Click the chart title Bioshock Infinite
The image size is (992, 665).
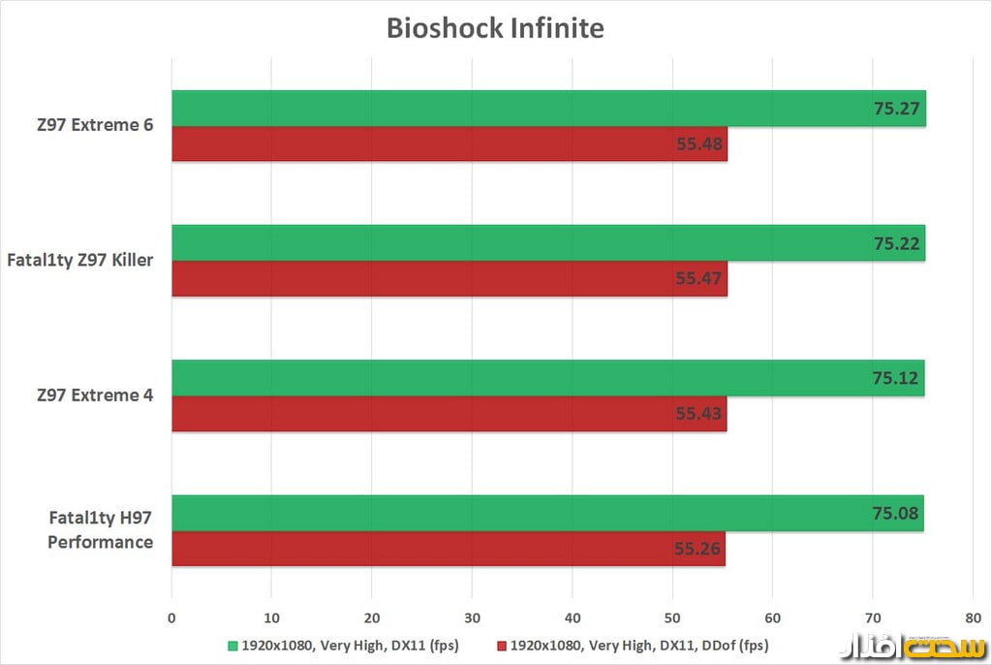pos(495,28)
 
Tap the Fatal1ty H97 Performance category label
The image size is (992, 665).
pos(100,530)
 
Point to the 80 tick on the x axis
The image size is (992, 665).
pos(972,617)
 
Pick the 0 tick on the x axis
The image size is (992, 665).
pos(171,617)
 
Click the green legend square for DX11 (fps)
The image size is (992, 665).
pos(232,645)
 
